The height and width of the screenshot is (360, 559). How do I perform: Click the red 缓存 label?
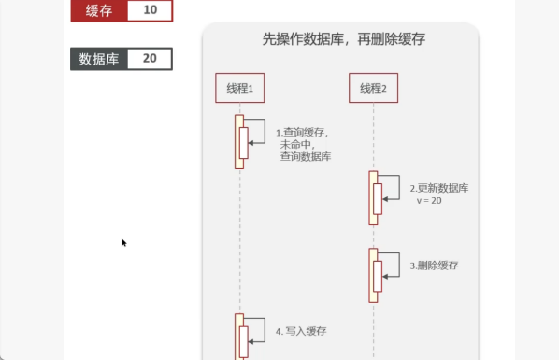(99, 10)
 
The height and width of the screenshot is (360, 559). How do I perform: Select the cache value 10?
(150, 10)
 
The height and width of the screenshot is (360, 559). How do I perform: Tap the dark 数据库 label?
(99, 59)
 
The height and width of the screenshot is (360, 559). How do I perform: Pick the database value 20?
(150, 59)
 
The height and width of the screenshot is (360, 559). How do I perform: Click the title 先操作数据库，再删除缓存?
(344, 39)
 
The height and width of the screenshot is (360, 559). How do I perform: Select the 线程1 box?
(240, 88)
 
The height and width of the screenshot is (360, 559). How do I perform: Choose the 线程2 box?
(373, 88)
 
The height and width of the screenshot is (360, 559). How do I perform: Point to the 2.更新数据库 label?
(438, 188)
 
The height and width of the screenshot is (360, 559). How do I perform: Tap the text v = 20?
(429, 200)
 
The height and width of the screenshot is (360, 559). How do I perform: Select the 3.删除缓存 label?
(434, 266)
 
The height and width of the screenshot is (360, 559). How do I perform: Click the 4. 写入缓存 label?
(301, 331)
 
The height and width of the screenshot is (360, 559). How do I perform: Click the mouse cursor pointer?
(123, 242)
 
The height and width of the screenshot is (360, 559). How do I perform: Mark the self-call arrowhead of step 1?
(251, 143)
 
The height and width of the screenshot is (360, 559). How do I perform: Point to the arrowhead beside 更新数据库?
(385, 199)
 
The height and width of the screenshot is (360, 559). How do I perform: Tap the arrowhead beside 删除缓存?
(385, 277)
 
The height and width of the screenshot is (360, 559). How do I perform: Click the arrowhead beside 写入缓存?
(251, 342)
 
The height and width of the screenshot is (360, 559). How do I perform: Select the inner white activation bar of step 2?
(378, 199)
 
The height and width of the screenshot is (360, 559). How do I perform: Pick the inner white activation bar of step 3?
(378, 277)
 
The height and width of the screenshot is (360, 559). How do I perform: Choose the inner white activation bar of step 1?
(243, 143)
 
